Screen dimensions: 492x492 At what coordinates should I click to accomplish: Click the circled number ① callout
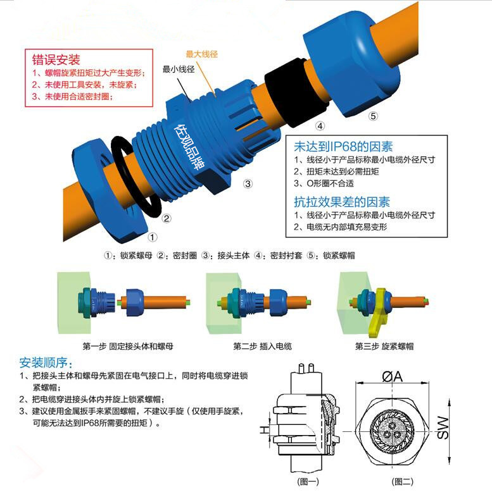coord(153,237)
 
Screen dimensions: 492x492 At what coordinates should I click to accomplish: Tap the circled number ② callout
coord(167,218)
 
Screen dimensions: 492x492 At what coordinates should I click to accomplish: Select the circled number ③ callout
coord(248,183)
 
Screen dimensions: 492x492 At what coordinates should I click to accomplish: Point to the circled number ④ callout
coord(320,126)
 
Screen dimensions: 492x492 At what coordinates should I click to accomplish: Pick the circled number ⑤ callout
coord(373,116)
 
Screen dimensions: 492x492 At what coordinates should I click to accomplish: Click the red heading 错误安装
coord(56,59)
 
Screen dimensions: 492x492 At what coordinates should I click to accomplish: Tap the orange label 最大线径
coord(202,54)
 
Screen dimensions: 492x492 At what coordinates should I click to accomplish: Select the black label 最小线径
coord(179,69)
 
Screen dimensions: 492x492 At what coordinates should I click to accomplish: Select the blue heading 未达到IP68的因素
coord(343,147)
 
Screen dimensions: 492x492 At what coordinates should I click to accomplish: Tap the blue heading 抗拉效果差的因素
coord(342,202)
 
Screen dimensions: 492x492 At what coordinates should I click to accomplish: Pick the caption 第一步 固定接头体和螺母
coord(128,346)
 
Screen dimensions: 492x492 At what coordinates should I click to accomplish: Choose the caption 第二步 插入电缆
coord(262,346)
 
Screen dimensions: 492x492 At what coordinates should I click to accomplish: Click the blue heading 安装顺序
coord(46,362)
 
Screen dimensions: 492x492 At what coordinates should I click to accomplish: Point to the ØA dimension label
coord(392,376)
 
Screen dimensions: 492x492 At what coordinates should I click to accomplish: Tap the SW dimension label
coord(443,427)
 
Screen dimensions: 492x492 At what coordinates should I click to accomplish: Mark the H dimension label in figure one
coord(264,429)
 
